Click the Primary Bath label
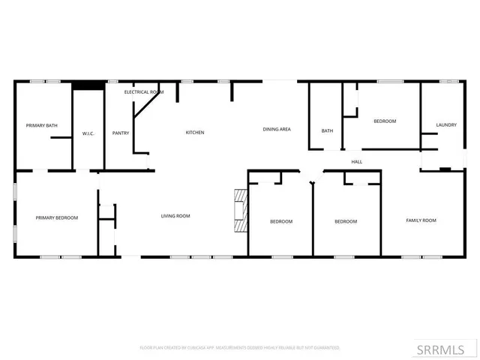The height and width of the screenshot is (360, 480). point(42,125)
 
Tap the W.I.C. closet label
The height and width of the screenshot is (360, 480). point(88,133)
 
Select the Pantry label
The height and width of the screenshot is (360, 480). point(121,133)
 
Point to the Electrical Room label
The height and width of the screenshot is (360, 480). point(144,91)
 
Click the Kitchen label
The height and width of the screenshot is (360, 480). point(195,133)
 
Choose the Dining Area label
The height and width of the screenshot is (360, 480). point(277,129)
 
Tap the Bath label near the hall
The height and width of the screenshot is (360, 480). point(327,131)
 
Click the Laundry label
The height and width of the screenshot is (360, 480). point(446,124)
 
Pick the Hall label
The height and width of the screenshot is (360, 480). point(357,161)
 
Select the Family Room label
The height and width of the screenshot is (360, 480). point(421,220)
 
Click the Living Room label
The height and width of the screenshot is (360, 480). point(175,216)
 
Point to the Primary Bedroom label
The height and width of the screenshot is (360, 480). point(57,217)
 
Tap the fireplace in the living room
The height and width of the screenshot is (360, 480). point(240,211)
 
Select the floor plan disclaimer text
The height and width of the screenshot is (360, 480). point(240,348)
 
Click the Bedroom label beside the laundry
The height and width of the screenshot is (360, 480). point(385,121)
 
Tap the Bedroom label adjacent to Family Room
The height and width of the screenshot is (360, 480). point(346,221)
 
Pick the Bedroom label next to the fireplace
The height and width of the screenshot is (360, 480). point(281,221)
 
